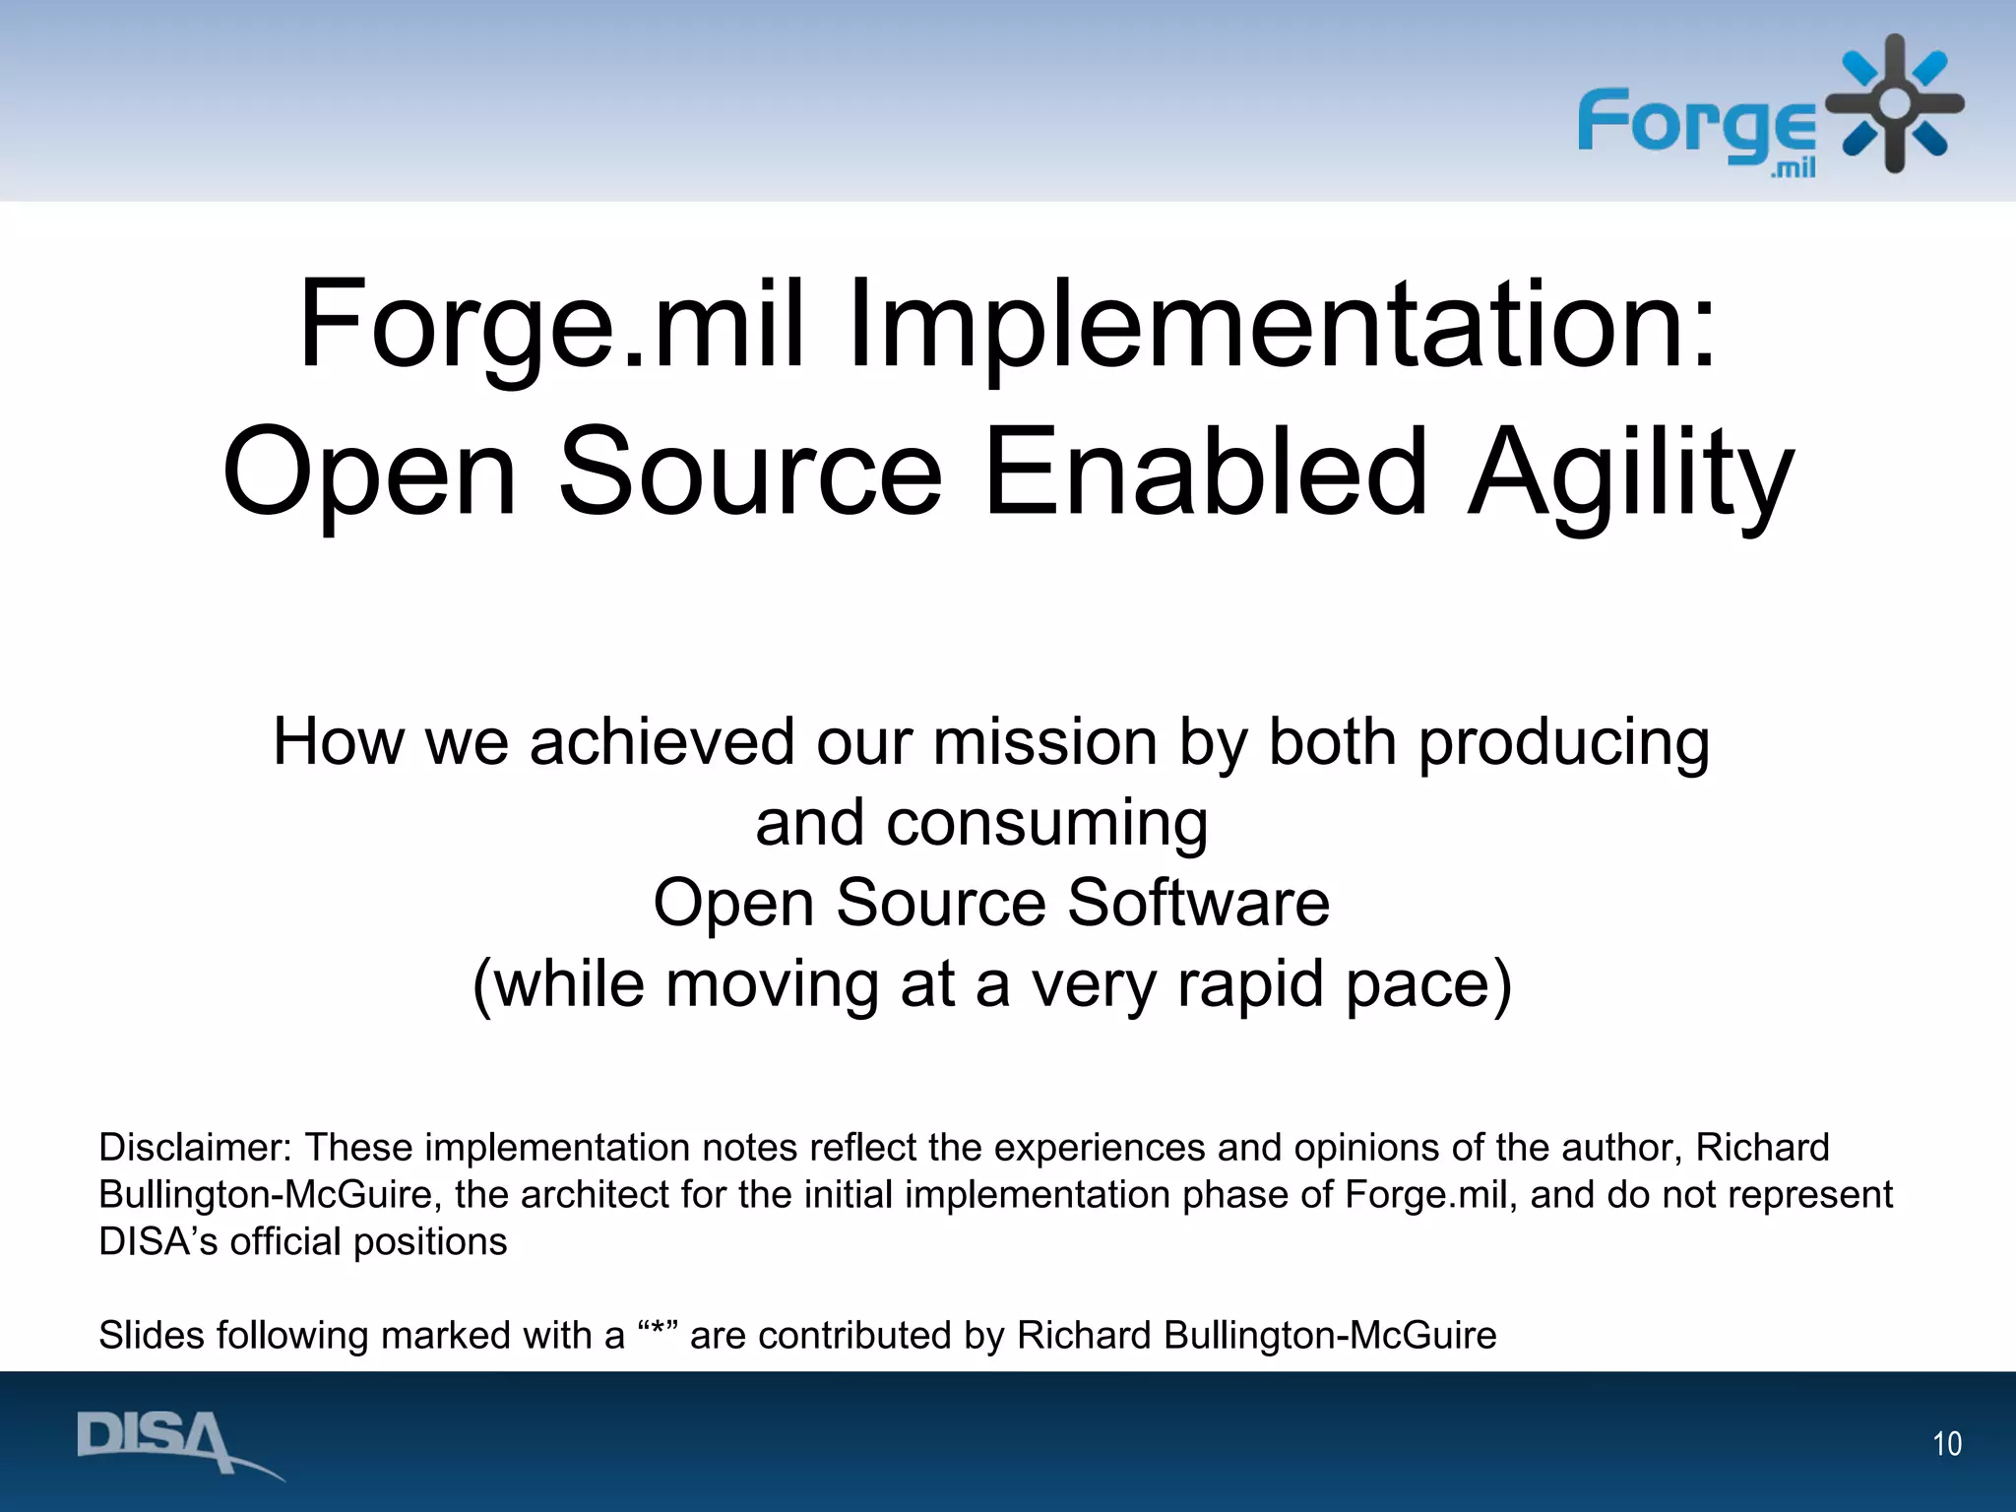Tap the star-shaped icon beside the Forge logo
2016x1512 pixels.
(x=1894, y=103)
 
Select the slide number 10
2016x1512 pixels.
(x=1946, y=1444)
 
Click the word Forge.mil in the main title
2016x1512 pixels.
(x=551, y=325)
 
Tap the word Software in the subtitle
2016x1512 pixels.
(x=1198, y=903)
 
